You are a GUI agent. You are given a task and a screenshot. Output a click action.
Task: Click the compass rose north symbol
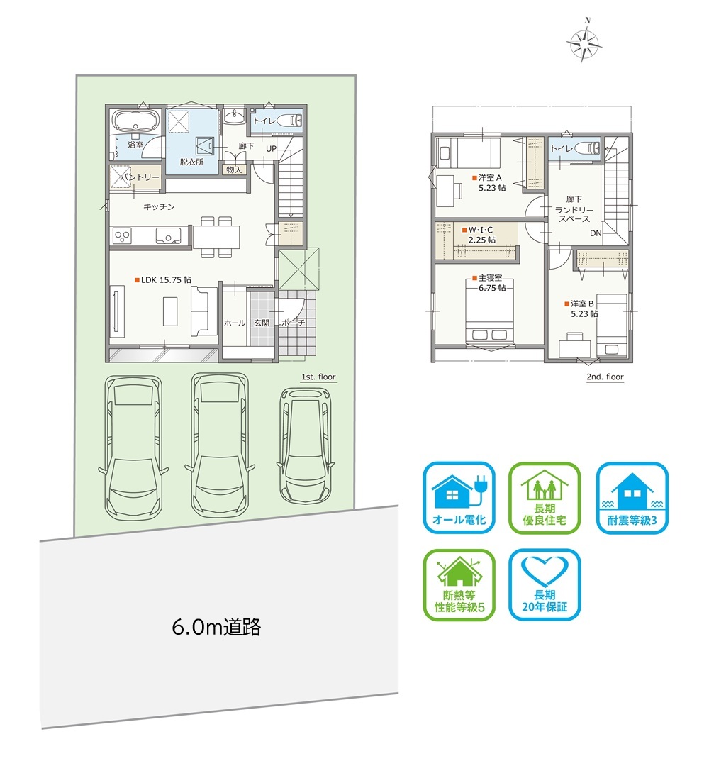[x=585, y=43]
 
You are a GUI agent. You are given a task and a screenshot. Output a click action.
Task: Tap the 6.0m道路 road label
[x=216, y=627]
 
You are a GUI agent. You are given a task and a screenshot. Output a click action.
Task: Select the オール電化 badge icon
[x=459, y=497]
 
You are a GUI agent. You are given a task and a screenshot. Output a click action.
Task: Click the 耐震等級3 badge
[x=632, y=497]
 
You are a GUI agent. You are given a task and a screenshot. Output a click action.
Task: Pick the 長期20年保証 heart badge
[x=545, y=585]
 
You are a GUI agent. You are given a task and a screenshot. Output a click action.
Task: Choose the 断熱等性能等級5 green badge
[x=459, y=585]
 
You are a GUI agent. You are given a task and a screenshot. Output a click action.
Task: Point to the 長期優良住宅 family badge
[x=545, y=497]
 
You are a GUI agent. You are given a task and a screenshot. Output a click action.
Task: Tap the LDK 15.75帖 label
[x=163, y=280]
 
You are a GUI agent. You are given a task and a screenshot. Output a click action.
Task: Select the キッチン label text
[x=159, y=207]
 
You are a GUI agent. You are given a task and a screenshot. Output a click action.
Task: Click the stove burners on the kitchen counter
[x=122, y=236]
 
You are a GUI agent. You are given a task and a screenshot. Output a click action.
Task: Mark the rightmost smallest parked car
[x=305, y=445]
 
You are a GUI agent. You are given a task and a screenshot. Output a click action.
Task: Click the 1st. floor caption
[x=318, y=377]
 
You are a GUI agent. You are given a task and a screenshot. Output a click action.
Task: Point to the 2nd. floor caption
[x=605, y=377]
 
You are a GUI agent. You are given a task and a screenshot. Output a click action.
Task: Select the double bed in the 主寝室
[x=490, y=312]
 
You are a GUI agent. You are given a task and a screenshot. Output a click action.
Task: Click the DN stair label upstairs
[x=596, y=233]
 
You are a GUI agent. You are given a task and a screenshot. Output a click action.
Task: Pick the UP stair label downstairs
[x=271, y=149]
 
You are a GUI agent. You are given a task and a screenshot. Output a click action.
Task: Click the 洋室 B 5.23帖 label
[x=581, y=309]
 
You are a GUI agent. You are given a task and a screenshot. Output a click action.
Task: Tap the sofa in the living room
[x=203, y=311]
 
